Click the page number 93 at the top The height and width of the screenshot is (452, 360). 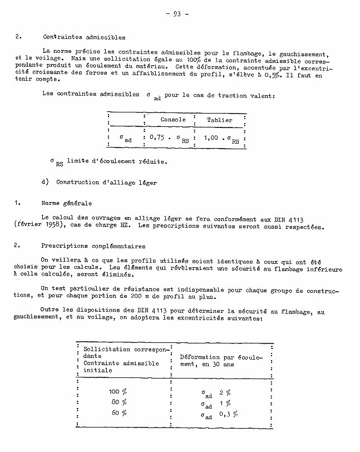[x=177, y=14]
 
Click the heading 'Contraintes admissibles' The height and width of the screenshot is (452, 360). [x=84, y=38]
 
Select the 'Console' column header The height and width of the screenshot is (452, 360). [x=173, y=120]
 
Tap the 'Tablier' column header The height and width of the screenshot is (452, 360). [x=220, y=120]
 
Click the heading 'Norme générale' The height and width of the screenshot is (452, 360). [x=66, y=203]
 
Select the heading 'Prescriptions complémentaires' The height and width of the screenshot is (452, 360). [x=93, y=245]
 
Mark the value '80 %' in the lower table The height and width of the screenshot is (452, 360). [x=119, y=401]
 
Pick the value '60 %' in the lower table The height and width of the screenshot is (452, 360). [x=119, y=412]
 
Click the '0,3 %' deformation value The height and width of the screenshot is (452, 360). [x=228, y=414]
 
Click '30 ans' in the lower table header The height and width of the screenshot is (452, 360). [x=234, y=363]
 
